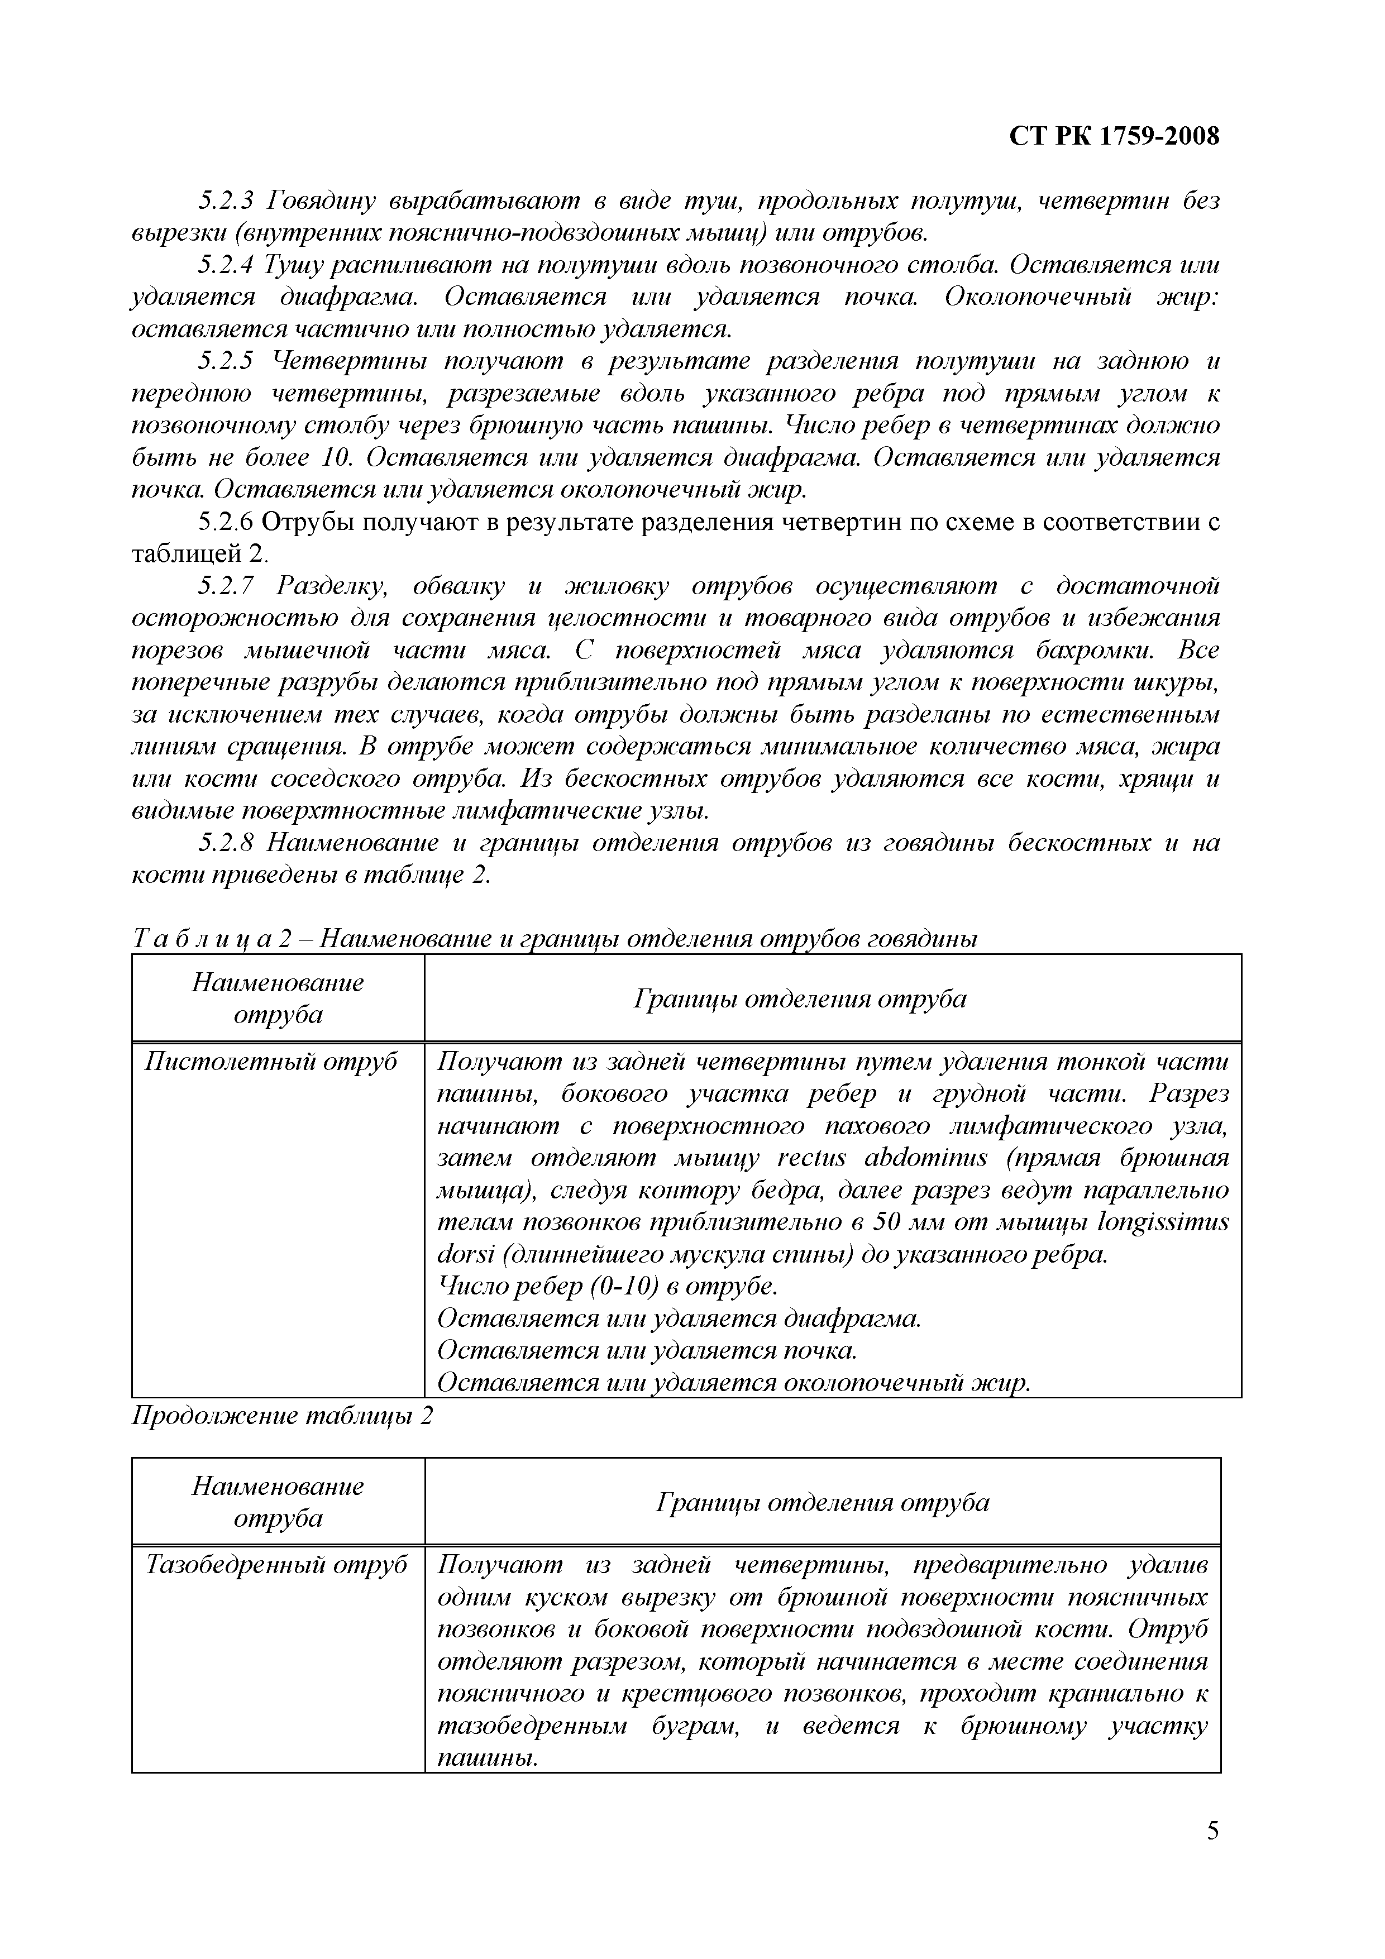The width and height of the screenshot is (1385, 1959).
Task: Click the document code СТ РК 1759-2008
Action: [1114, 136]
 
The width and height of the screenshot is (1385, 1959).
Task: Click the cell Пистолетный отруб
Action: [271, 1062]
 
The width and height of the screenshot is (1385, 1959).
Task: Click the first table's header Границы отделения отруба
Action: [800, 999]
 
